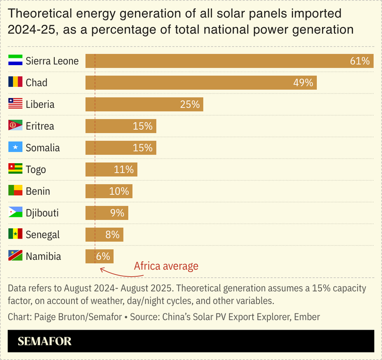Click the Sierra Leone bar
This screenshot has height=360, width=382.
click(227, 61)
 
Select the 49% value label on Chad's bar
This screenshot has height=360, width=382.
click(303, 83)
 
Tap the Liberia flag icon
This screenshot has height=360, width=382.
click(15, 104)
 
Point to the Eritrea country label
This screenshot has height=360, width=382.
click(40, 126)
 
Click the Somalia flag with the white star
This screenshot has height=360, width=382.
click(15, 147)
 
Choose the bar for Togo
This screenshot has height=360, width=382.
click(111, 169)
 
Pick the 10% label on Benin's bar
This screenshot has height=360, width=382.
click(119, 191)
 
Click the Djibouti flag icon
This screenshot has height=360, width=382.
click(15, 212)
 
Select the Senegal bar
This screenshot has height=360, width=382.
click(104, 234)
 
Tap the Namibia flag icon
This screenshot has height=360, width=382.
click(15, 256)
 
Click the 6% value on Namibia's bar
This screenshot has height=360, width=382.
click(103, 256)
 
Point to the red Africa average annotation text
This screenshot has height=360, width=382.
click(166, 267)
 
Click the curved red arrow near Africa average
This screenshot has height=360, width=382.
click(114, 270)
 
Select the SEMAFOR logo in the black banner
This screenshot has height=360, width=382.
click(44, 341)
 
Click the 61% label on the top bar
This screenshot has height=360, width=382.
click(360, 61)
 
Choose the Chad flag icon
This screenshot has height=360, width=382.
click(15, 82)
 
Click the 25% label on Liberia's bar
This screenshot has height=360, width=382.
click(190, 104)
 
